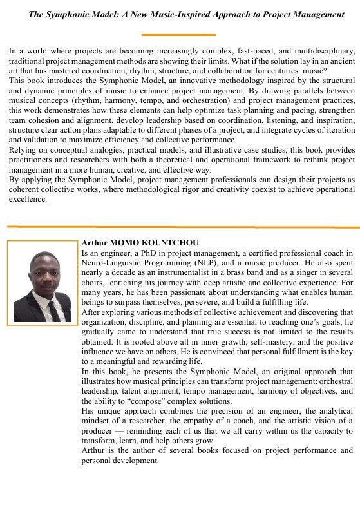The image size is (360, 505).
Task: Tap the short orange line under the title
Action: coord(178,35)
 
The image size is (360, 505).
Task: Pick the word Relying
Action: coord(23,150)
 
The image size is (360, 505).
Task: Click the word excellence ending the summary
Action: coord(28,199)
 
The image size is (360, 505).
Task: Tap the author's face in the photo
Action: coord(45,274)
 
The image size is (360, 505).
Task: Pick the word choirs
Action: coord(94,283)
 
